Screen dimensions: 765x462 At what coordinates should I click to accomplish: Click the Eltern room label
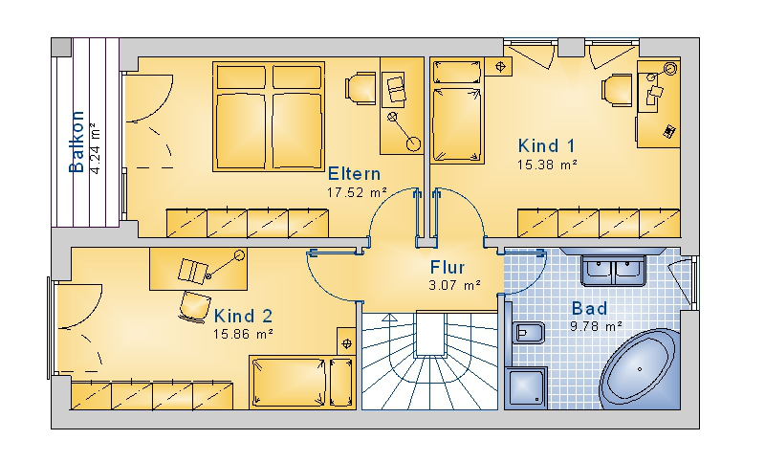[354, 174]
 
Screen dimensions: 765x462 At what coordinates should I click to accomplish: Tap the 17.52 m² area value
[357, 192]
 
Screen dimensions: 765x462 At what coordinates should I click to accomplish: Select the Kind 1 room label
[546, 145]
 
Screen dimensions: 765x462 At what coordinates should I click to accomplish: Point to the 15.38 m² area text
[547, 165]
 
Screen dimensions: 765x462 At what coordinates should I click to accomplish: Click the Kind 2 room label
[243, 317]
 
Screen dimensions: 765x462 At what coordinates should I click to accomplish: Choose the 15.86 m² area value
[243, 334]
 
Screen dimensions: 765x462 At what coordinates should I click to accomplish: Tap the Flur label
[448, 267]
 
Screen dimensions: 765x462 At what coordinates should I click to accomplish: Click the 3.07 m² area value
[455, 285]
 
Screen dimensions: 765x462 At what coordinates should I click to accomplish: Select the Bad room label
[589, 308]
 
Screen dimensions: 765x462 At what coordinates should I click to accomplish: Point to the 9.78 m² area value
[596, 326]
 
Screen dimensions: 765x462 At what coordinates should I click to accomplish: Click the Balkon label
[76, 142]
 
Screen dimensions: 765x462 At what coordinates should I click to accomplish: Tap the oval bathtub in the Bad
[640, 369]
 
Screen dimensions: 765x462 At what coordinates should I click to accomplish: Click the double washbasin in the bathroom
[613, 272]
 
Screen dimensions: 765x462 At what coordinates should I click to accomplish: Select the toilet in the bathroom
[527, 333]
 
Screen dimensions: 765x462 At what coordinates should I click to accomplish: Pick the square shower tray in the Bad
[526, 387]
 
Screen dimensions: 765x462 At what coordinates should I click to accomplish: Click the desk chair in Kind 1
[617, 90]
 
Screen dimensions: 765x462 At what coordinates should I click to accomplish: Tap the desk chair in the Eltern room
[361, 89]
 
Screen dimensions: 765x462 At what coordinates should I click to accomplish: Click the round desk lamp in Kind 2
[239, 255]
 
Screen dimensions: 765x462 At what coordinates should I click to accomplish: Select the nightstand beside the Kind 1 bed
[498, 66]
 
